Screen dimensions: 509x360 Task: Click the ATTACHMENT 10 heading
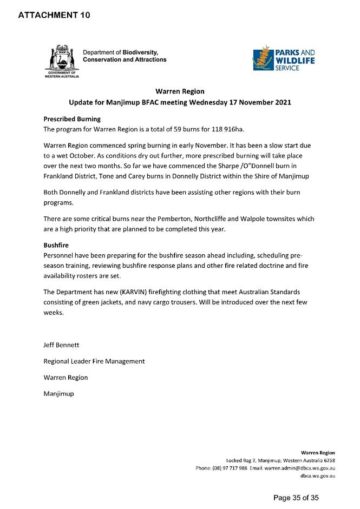(x=54, y=15)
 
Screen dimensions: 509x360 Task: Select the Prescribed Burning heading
(x=72, y=119)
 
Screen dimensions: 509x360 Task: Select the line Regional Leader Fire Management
(x=94, y=361)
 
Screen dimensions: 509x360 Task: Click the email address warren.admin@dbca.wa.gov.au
(x=300, y=468)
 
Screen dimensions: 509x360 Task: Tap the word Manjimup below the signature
(x=58, y=393)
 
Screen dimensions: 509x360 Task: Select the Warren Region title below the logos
(x=179, y=91)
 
